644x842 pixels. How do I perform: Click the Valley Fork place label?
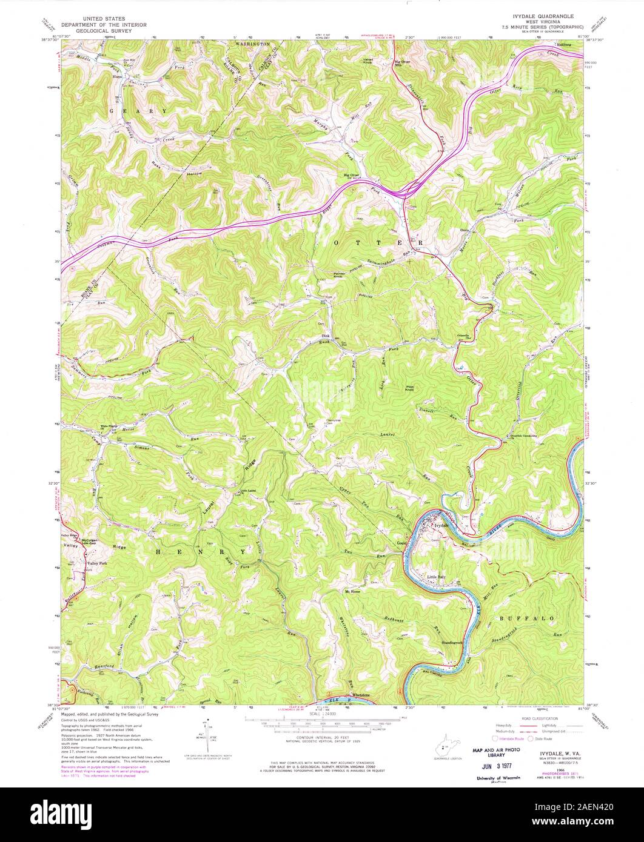96,563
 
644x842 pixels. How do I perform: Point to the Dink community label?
325,335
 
